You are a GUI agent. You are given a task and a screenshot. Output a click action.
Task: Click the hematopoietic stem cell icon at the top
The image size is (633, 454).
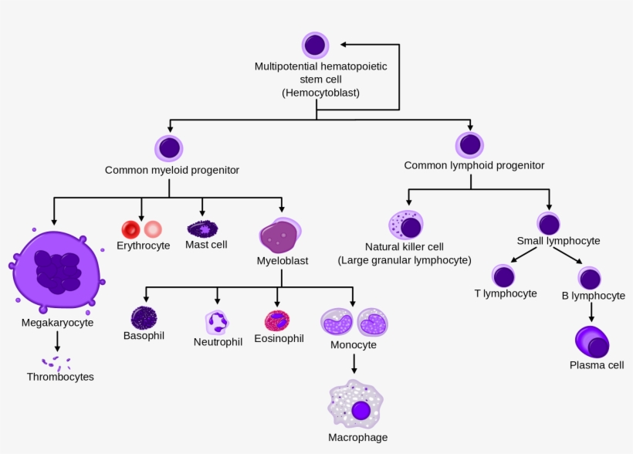pyautogui.click(x=315, y=45)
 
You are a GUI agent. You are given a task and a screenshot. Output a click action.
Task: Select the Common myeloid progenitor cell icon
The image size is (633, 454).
pyautogui.click(x=169, y=147)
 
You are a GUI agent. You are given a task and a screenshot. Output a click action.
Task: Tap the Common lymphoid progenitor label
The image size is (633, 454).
pyautogui.click(x=474, y=165)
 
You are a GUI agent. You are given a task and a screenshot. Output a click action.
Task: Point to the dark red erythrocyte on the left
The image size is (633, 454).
pyautogui.click(x=130, y=229)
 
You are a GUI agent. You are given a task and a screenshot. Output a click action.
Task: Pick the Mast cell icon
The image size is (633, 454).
pyautogui.click(x=203, y=229)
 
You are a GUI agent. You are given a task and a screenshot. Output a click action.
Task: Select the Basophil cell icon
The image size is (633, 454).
pyautogui.click(x=144, y=317)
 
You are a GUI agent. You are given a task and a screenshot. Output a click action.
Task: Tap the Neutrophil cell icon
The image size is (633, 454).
pyautogui.click(x=217, y=322)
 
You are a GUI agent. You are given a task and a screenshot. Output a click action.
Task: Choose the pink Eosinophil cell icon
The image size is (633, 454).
pyautogui.click(x=276, y=320)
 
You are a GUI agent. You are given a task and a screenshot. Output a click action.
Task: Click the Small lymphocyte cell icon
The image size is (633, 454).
pyautogui.click(x=549, y=224)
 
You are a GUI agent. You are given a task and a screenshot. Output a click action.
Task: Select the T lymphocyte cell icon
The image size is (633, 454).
pyautogui.click(x=503, y=276)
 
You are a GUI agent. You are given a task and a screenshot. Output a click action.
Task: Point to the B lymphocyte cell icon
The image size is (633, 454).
pyautogui.click(x=591, y=278)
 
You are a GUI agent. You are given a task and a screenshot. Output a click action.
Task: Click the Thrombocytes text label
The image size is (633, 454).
pyautogui.click(x=60, y=377)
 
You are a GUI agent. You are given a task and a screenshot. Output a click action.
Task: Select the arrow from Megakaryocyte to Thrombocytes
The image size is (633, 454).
pyautogui.click(x=57, y=341)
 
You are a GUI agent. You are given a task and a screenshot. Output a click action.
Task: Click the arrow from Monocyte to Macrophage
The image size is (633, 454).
pyautogui.click(x=354, y=364)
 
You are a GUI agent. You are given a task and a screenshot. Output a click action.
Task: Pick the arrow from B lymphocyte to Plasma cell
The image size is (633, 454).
pyautogui.click(x=592, y=312)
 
